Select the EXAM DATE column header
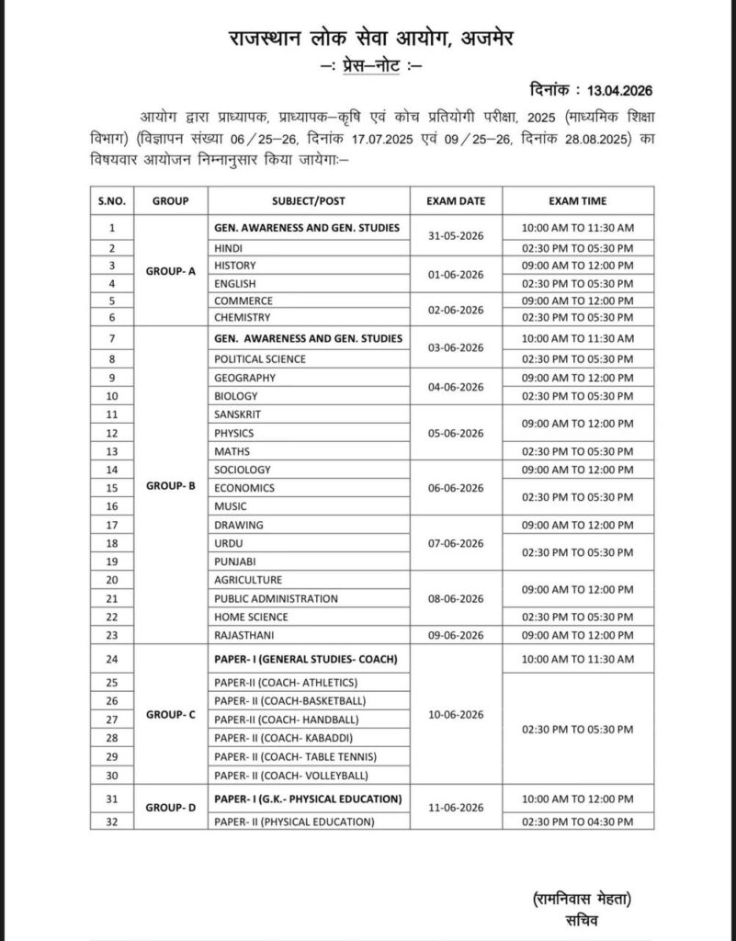pos(456,199)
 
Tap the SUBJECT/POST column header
pos(309,199)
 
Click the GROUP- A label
pos(171,273)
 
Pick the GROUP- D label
pos(171,809)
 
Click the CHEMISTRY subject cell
pos(243,317)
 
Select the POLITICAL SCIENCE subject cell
pos(260,358)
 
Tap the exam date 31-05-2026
pos(456,236)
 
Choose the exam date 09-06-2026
pos(456,635)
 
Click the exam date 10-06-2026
pos(456,714)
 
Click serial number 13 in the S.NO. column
pos(113,451)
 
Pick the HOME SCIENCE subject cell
pos(251,617)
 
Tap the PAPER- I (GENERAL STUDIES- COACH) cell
pos(307,658)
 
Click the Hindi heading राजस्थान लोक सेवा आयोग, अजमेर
pos(367,38)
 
